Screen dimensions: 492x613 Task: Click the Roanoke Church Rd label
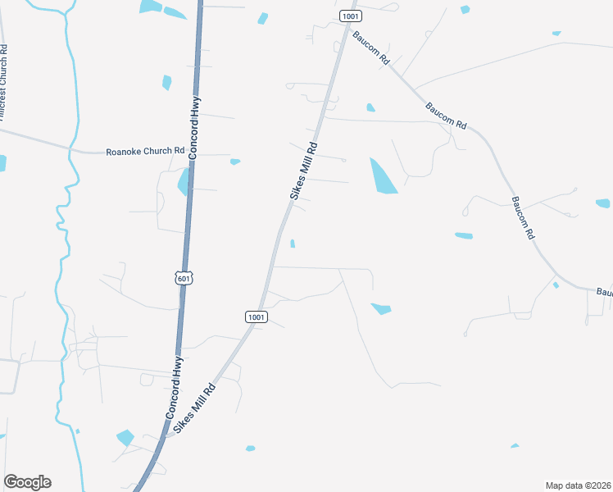tap(146, 152)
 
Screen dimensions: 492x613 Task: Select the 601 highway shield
tap(184, 278)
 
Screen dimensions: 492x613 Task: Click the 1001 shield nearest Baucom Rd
tap(351, 16)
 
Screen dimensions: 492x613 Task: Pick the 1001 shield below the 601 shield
tap(256, 317)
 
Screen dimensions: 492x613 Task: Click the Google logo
tap(27, 482)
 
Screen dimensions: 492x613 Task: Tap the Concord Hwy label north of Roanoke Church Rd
tap(195, 127)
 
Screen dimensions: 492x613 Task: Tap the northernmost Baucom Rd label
tap(371, 48)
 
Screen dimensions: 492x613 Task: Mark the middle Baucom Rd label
tap(446, 116)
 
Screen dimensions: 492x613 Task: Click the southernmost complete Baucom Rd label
tap(523, 217)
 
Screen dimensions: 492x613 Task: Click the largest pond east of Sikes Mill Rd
tap(382, 176)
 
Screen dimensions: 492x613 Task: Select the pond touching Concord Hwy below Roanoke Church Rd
tap(184, 182)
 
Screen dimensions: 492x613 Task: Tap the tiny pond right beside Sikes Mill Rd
tap(293, 243)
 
